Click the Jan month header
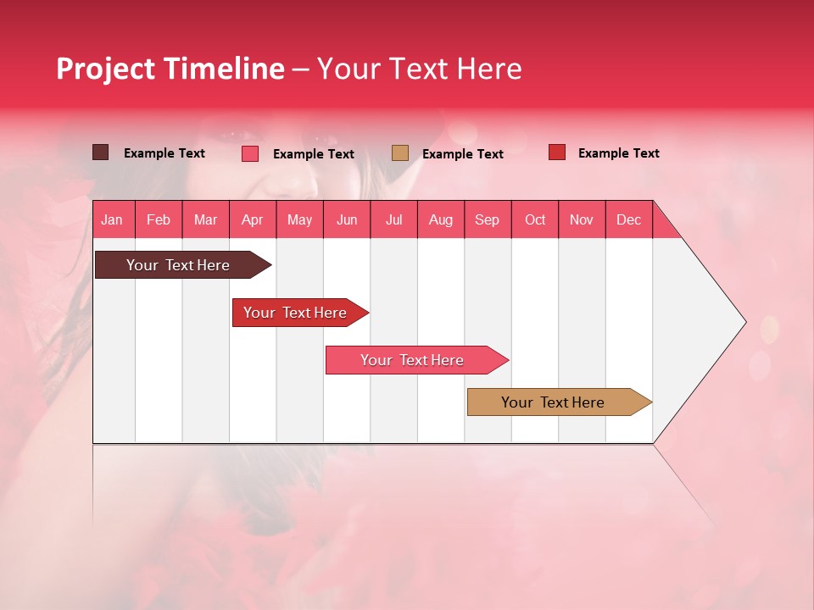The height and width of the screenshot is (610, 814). click(112, 219)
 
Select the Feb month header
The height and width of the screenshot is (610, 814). click(159, 219)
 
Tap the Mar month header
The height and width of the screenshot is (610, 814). click(205, 219)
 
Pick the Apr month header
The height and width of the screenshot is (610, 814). click(252, 219)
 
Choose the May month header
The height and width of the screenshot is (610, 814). click(299, 219)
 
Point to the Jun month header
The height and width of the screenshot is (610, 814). click(347, 219)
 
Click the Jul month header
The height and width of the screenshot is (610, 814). click(393, 219)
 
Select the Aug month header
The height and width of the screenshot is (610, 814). click(440, 219)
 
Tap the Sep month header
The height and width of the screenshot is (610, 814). click(487, 219)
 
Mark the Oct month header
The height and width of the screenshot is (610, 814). click(535, 219)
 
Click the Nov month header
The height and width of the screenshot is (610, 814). click(582, 219)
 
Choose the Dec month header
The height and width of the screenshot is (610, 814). click(628, 219)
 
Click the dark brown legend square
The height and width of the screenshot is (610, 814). click(100, 152)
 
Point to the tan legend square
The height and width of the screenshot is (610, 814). click(400, 152)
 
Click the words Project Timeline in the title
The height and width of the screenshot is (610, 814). click(170, 69)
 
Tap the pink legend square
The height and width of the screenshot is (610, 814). click(250, 153)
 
